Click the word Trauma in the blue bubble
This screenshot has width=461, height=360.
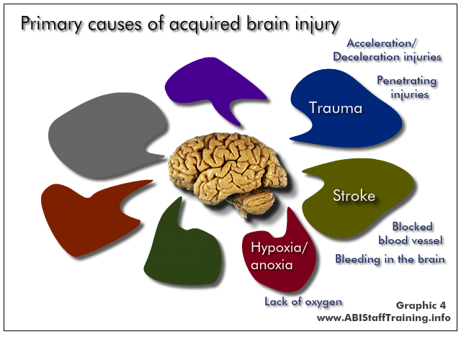tap(336, 107)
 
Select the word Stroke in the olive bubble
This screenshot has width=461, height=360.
tap(354, 195)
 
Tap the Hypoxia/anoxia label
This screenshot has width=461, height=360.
tap(279, 256)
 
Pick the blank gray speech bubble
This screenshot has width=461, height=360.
tap(106, 135)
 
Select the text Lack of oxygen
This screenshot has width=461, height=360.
tap(303, 302)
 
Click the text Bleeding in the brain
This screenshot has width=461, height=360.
tap(390, 259)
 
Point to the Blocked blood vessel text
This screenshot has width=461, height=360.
tap(411, 233)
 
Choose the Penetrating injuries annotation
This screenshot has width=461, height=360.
tap(407, 87)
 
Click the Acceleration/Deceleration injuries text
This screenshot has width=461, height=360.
tap(387, 50)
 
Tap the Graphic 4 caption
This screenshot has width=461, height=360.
tap(421, 305)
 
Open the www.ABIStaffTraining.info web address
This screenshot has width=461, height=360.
tap(384, 318)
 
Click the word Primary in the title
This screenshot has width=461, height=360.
tap(52, 24)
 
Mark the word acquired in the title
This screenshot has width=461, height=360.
tap(205, 24)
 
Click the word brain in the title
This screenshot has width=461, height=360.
tap(267, 23)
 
